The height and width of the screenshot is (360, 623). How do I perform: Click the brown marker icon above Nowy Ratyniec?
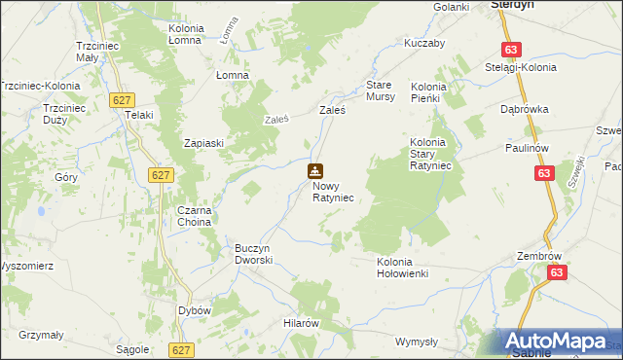tap(315, 171)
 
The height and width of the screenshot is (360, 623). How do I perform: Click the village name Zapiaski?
tap(204, 143)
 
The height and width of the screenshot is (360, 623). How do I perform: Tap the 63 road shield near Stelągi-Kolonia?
tap(512, 50)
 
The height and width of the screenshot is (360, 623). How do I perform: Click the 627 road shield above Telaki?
tap(122, 100)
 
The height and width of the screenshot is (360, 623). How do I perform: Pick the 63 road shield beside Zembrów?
tap(556, 273)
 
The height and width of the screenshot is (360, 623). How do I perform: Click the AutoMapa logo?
tap(560, 341)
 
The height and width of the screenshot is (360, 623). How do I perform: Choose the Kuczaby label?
tap(424, 44)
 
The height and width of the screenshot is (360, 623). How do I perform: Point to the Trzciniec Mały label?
tap(97, 52)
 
